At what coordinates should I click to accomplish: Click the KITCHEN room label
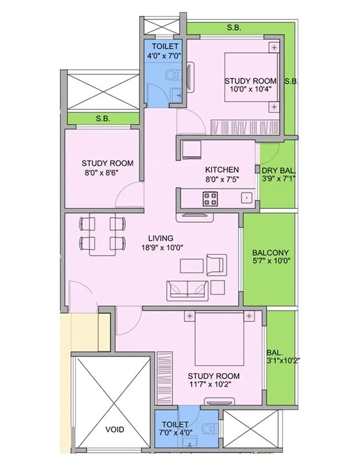pyautogui.click(x=222, y=170)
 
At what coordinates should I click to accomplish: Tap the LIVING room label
pyautogui.click(x=156, y=238)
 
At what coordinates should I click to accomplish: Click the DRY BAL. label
pyautogui.click(x=279, y=170)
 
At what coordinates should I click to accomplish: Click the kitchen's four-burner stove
pyautogui.click(x=210, y=198)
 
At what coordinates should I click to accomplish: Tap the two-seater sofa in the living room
pyautogui.click(x=187, y=288)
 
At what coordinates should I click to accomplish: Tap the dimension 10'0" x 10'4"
pyautogui.click(x=250, y=90)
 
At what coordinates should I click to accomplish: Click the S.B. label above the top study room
pyautogui.click(x=233, y=27)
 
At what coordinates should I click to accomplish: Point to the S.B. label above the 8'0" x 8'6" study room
pyautogui.click(x=102, y=119)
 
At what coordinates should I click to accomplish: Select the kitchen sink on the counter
pyautogui.click(x=244, y=197)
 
